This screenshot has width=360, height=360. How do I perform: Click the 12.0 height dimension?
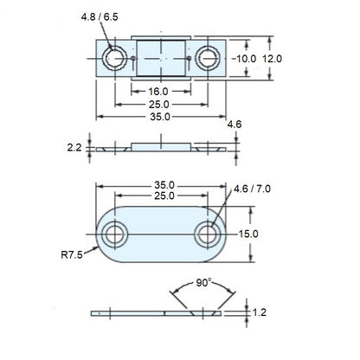pyautogui.click(x=273, y=58)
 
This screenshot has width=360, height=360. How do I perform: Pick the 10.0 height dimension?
pyautogui.click(x=245, y=58)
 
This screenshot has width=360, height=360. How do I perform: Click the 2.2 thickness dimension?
pyautogui.click(x=74, y=147)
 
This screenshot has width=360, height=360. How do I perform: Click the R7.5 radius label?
pyautogui.click(x=74, y=255)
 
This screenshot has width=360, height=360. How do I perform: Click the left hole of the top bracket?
pyautogui.click(x=114, y=58)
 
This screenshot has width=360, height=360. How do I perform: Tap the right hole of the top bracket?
pyautogui.click(x=206, y=58)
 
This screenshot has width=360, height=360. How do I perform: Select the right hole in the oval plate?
pyautogui.click(x=207, y=235)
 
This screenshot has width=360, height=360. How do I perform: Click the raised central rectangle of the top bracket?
pyautogui.click(x=160, y=58)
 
